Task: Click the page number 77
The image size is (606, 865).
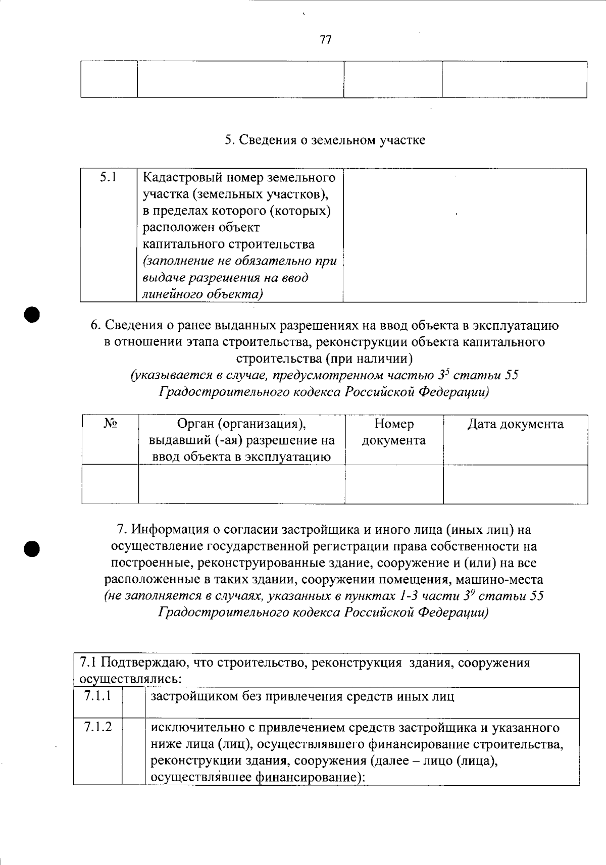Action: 326,39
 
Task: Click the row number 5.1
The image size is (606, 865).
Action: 109,177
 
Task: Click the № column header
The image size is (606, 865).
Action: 111,424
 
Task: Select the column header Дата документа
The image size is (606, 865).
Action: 515,424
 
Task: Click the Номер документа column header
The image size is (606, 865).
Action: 394,432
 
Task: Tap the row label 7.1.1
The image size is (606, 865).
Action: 98,696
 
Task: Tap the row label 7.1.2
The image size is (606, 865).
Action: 98,727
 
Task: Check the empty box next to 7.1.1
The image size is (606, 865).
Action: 133,702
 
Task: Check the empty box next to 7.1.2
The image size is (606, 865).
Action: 133,751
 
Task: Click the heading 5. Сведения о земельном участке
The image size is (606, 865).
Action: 325,140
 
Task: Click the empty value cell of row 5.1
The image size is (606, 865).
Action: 465,235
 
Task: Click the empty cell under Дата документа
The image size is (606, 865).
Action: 515,484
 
